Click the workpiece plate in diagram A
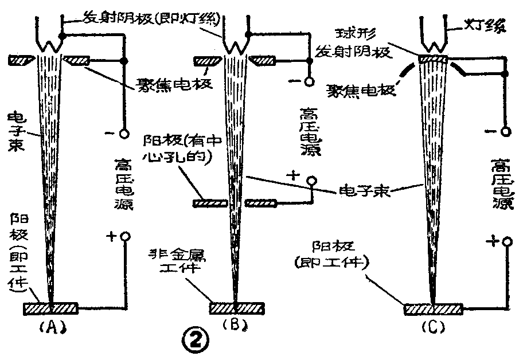50,308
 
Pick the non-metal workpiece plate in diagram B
235,308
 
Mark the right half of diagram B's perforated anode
261,202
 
